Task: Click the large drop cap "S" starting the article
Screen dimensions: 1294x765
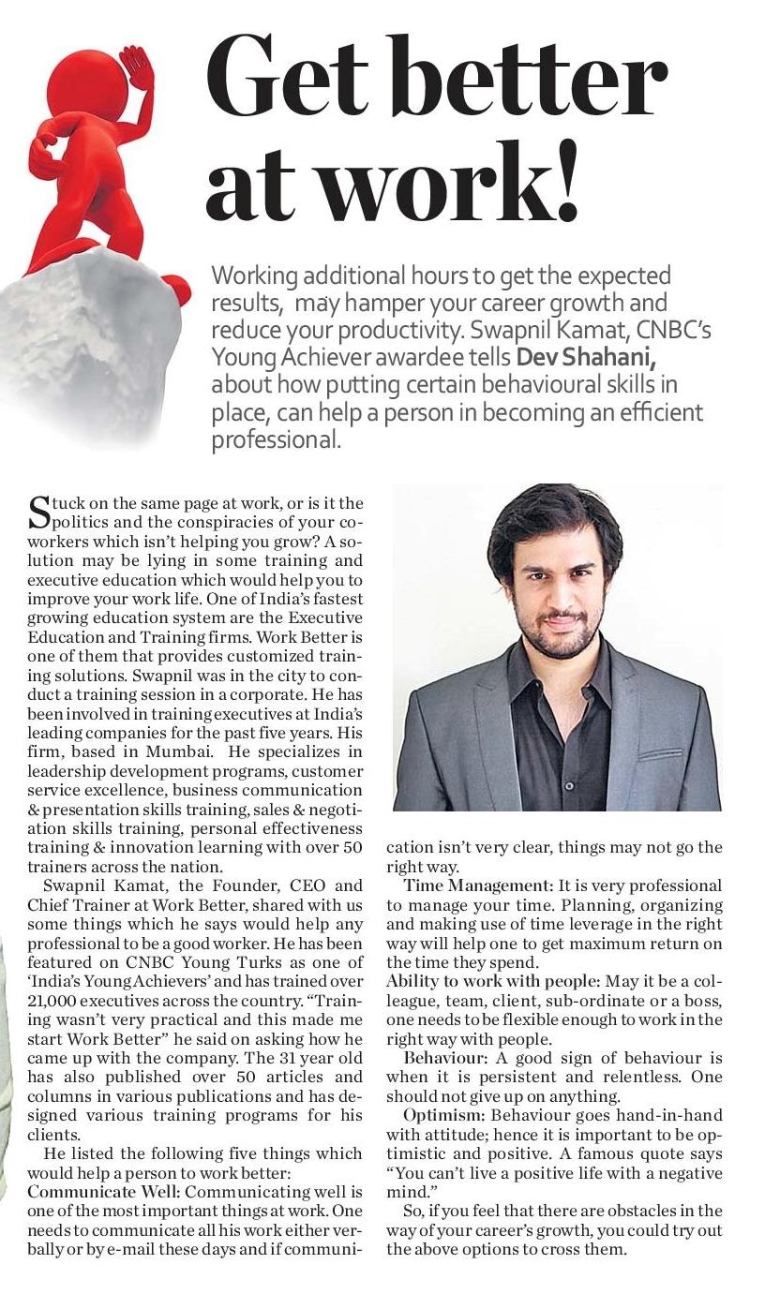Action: tap(39, 512)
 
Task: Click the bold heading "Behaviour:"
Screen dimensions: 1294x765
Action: tap(445, 1058)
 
